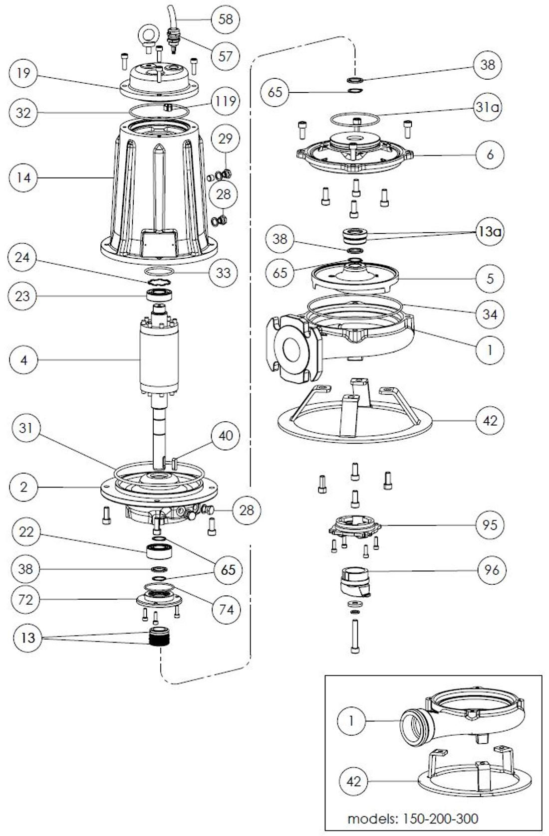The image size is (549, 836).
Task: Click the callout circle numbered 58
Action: click(x=226, y=19)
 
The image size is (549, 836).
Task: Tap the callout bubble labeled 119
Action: click(x=225, y=101)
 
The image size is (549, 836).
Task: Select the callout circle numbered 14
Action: click(x=23, y=177)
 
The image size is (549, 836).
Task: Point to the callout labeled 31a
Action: click(x=488, y=107)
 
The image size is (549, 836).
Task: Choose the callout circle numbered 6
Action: click(x=490, y=155)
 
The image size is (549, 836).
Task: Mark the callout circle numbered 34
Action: click(x=490, y=314)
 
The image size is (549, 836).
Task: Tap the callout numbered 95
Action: click(x=490, y=524)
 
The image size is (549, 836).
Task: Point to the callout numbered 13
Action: click(x=28, y=638)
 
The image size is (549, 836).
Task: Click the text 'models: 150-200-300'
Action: click(x=412, y=819)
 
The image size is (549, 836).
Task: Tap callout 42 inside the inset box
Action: click(x=353, y=781)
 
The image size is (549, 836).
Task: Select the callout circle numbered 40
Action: click(x=226, y=435)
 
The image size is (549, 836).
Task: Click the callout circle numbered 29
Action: click(x=226, y=138)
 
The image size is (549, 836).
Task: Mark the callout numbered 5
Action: click(x=490, y=278)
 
